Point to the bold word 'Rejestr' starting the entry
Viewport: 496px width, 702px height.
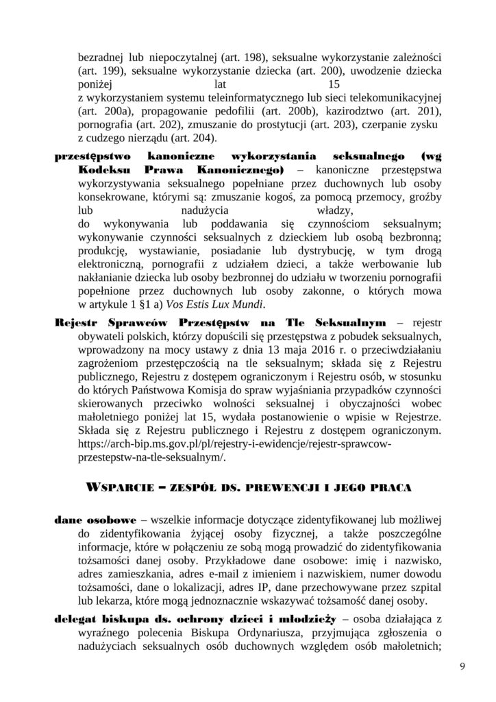(x=74, y=322)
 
